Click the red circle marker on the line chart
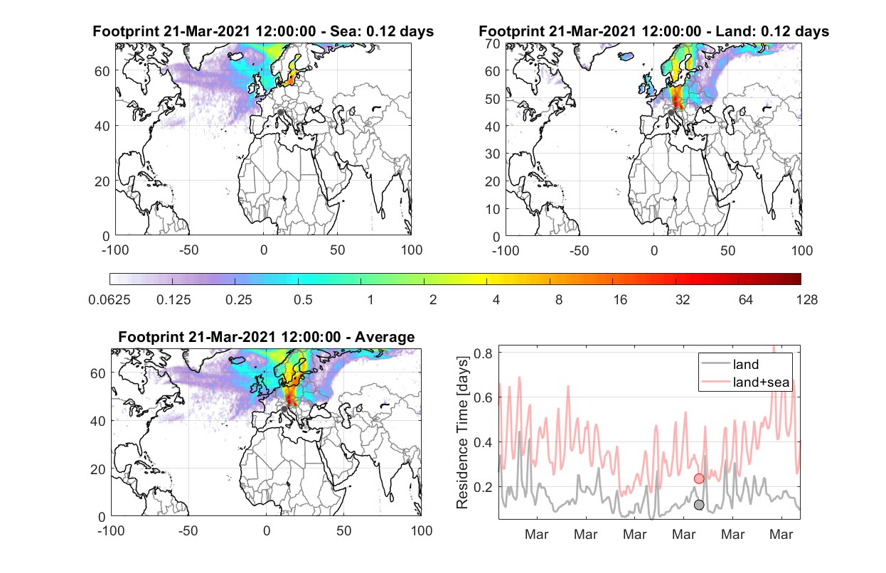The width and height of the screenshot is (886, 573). [699, 478]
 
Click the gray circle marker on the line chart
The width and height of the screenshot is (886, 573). [699, 505]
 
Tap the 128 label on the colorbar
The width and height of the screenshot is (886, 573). [807, 300]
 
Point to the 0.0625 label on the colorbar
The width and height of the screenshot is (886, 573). [110, 300]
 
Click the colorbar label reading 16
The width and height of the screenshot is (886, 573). [620, 300]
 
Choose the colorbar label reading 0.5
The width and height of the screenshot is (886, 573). [303, 300]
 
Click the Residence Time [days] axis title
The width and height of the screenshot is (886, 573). [462, 433]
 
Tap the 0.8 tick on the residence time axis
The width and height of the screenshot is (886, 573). [483, 353]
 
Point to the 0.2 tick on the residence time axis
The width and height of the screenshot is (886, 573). [483, 487]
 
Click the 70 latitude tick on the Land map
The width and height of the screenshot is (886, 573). [493, 43]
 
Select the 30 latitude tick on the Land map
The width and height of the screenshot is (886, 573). [493, 154]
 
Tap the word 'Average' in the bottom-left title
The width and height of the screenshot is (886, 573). [385, 337]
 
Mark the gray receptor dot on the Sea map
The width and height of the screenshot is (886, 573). [280, 112]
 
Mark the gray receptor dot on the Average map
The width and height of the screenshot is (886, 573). [284, 409]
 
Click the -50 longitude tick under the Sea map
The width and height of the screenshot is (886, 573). [188, 250]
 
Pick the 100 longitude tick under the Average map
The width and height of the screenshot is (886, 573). [422, 530]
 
